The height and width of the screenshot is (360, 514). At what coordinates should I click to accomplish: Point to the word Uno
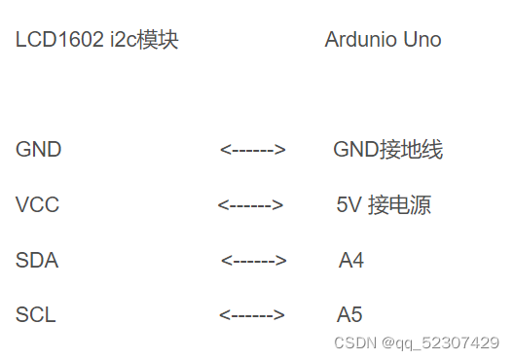click(x=422, y=40)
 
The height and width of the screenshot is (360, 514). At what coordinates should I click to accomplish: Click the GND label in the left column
click(x=38, y=150)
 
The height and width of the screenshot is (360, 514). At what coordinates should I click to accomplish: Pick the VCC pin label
click(x=37, y=205)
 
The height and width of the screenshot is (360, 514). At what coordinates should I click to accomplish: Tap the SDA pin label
click(x=37, y=261)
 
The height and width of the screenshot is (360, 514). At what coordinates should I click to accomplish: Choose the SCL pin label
click(x=36, y=315)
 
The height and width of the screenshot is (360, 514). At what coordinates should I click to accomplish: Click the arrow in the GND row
click(x=252, y=150)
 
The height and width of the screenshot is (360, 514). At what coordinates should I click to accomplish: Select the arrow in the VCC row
click(x=250, y=205)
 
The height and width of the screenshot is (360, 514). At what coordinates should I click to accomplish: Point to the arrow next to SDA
click(x=253, y=261)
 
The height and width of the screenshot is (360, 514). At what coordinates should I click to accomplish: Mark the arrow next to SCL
click(x=252, y=315)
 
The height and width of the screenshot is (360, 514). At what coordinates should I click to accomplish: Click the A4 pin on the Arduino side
click(x=351, y=261)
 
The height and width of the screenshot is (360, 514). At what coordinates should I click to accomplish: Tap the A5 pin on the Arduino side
click(x=349, y=315)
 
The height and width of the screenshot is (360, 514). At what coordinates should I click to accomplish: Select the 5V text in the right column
click(x=349, y=205)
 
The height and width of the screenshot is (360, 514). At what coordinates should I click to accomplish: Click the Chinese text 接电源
click(x=399, y=205)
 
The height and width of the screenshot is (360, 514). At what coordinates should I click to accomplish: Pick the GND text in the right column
click(x=355, y=150)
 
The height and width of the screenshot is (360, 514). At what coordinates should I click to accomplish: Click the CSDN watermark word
click(x=354, y=343)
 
